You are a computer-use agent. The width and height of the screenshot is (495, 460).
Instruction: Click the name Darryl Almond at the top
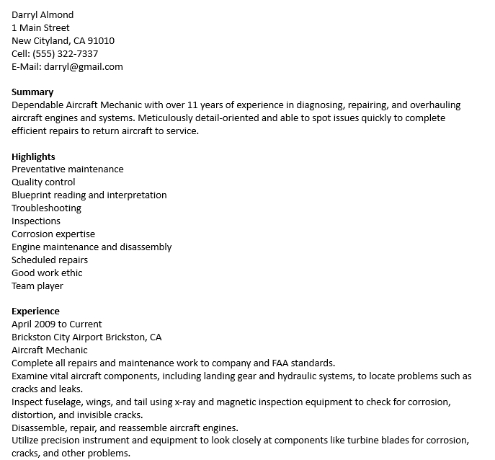[x=43, y=14]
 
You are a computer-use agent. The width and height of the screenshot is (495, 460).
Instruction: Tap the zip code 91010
[x=101, y=40]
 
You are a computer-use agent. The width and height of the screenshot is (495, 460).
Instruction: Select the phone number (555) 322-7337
[x=65, y=53]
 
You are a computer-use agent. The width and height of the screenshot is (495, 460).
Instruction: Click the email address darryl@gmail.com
[x=84, y=66]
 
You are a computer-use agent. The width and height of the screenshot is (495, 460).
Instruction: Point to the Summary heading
[x=32, y=92]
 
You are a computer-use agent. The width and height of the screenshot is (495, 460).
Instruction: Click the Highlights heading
[x=33, y=156]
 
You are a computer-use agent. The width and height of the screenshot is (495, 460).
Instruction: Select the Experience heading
[x=35, y=311]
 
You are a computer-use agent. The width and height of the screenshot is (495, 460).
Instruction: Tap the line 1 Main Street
[x=40, y=27]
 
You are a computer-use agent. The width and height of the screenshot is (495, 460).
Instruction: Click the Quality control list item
[x=43, y=182]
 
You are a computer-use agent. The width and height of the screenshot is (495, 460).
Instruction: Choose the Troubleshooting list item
[x=46, y=208]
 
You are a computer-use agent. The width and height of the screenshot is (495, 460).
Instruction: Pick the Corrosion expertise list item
[x=53, y=234]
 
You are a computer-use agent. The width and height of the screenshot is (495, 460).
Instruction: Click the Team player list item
[x=37, y=286]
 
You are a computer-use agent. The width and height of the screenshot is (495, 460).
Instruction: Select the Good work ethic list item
[x=47, y=273]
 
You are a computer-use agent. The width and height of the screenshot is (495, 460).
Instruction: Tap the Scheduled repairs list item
[x=50, y=260]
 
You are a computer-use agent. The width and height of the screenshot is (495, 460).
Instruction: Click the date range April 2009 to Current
[x=57, y=324]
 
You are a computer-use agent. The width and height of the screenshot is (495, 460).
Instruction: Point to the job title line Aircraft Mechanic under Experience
[x=50, y=350]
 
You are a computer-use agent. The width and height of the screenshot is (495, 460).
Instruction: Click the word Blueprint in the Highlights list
[x=33, y=195]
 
